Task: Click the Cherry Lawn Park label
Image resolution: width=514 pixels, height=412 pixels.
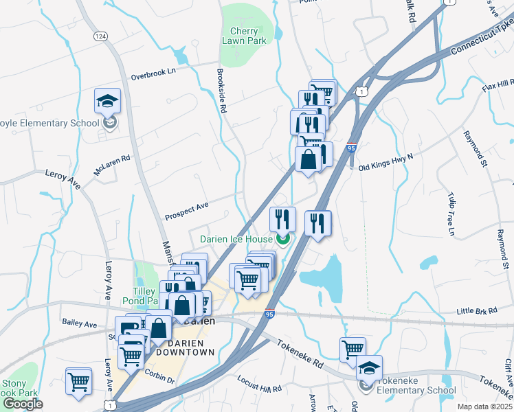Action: (244, 36)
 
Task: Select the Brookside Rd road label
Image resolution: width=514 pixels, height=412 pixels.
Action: (222, 89)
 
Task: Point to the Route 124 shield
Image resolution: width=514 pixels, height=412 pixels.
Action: (100, 35)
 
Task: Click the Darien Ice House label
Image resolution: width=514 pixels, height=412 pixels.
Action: (236, 239)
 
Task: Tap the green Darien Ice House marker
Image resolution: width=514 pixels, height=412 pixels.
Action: (282, 239)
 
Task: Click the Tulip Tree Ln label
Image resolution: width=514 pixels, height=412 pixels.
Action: (451, 214)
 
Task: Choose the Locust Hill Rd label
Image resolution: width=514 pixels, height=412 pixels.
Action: (259, 384)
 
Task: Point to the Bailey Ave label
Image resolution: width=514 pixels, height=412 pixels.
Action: (79, 323)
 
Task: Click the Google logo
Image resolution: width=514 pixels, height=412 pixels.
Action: (22, 404)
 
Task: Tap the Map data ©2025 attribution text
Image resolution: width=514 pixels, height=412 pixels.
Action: (484, 407)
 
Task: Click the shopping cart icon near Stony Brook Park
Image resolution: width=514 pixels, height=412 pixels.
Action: (78, 380)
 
